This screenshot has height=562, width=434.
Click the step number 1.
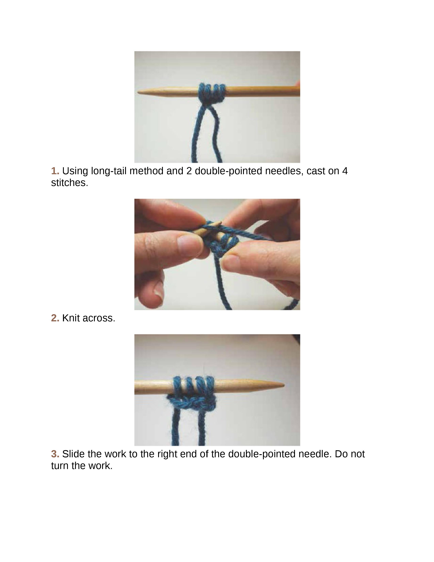click(x=55, y=171)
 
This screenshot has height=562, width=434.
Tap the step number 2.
click(x=55, y=318)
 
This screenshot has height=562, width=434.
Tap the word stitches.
click(x=69, y=183)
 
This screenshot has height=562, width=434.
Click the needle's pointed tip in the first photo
click(x=138, y=92)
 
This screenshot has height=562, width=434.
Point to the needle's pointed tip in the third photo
click(x=284, y=385)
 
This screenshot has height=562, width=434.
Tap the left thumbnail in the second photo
click(x=188, y=242)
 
